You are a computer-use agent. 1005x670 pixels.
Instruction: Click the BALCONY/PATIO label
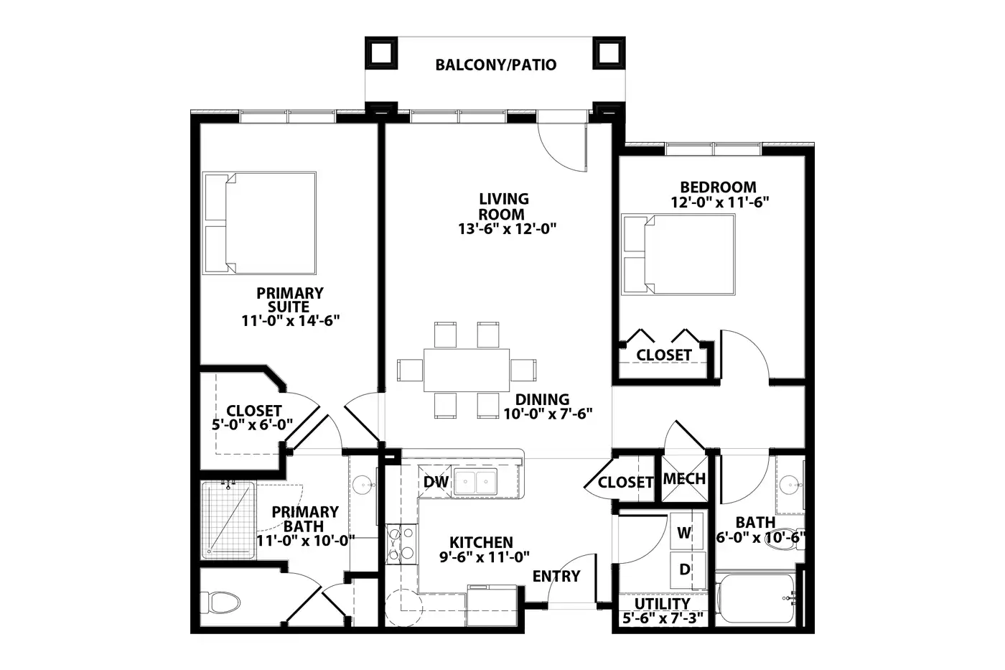point(496,65)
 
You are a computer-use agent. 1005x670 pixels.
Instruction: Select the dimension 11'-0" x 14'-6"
point(291,321)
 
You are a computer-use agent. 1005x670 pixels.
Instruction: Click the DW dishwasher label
point(436,482)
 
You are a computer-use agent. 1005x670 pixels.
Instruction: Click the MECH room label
point(684,479)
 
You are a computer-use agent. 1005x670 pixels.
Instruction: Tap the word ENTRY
point(556,576)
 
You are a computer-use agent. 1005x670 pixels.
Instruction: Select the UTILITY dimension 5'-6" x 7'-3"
point(662,618)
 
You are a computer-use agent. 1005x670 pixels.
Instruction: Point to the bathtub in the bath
point(757,598)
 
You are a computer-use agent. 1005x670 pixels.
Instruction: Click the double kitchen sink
point(475,482)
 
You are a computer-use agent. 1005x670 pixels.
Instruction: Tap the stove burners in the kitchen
point(401,544)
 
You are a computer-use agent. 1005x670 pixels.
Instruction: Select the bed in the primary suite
point(259,223)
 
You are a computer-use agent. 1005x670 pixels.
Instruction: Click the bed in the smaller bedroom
point(678,254)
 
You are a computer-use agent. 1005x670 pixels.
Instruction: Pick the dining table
point(467,371)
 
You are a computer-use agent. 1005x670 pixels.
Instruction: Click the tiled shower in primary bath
point(228,520)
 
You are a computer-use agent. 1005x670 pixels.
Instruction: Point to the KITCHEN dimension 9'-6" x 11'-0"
point(485,557)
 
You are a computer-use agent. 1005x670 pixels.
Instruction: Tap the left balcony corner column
point(381,53)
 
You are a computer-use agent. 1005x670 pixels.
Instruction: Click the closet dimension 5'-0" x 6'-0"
point(252,424)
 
